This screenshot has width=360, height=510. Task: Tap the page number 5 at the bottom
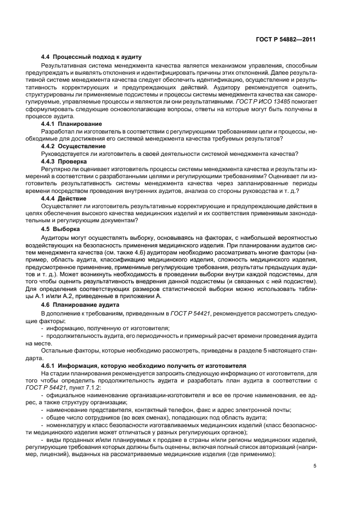pyautogui.click(x=315, y=465)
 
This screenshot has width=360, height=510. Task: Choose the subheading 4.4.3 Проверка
pyautogui.click(x=67, y=161)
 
